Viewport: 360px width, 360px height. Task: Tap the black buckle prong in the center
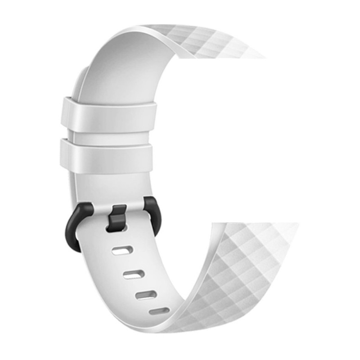118,216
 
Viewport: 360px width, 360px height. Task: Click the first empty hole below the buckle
122,250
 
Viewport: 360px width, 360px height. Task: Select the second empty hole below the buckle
134,274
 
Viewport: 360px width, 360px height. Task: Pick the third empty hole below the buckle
146,295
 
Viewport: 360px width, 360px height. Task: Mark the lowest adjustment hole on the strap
159,311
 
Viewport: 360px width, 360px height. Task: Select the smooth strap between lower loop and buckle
110,184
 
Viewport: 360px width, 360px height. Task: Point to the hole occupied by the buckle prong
117,228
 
